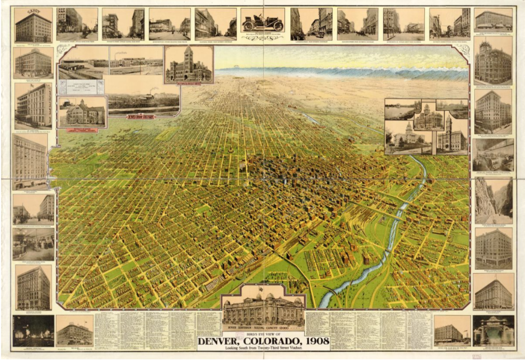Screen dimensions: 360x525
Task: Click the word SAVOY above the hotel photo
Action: tap(33, 11)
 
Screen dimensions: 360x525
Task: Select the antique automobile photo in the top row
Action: tap(262, 21)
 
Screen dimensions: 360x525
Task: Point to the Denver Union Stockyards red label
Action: tap(140, 117)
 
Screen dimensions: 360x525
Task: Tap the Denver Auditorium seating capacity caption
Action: tap(263, 328)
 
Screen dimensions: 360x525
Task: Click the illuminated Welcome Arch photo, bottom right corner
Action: tap(493, 330)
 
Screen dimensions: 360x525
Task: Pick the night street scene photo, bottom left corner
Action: tap(33, 330)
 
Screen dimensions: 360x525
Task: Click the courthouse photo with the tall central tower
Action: tap(188, 65)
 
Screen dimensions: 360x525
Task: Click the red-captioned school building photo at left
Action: tap(82, 112)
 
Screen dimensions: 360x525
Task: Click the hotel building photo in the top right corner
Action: tap(493, 20)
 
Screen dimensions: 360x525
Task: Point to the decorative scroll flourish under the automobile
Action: tap(262, 38)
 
